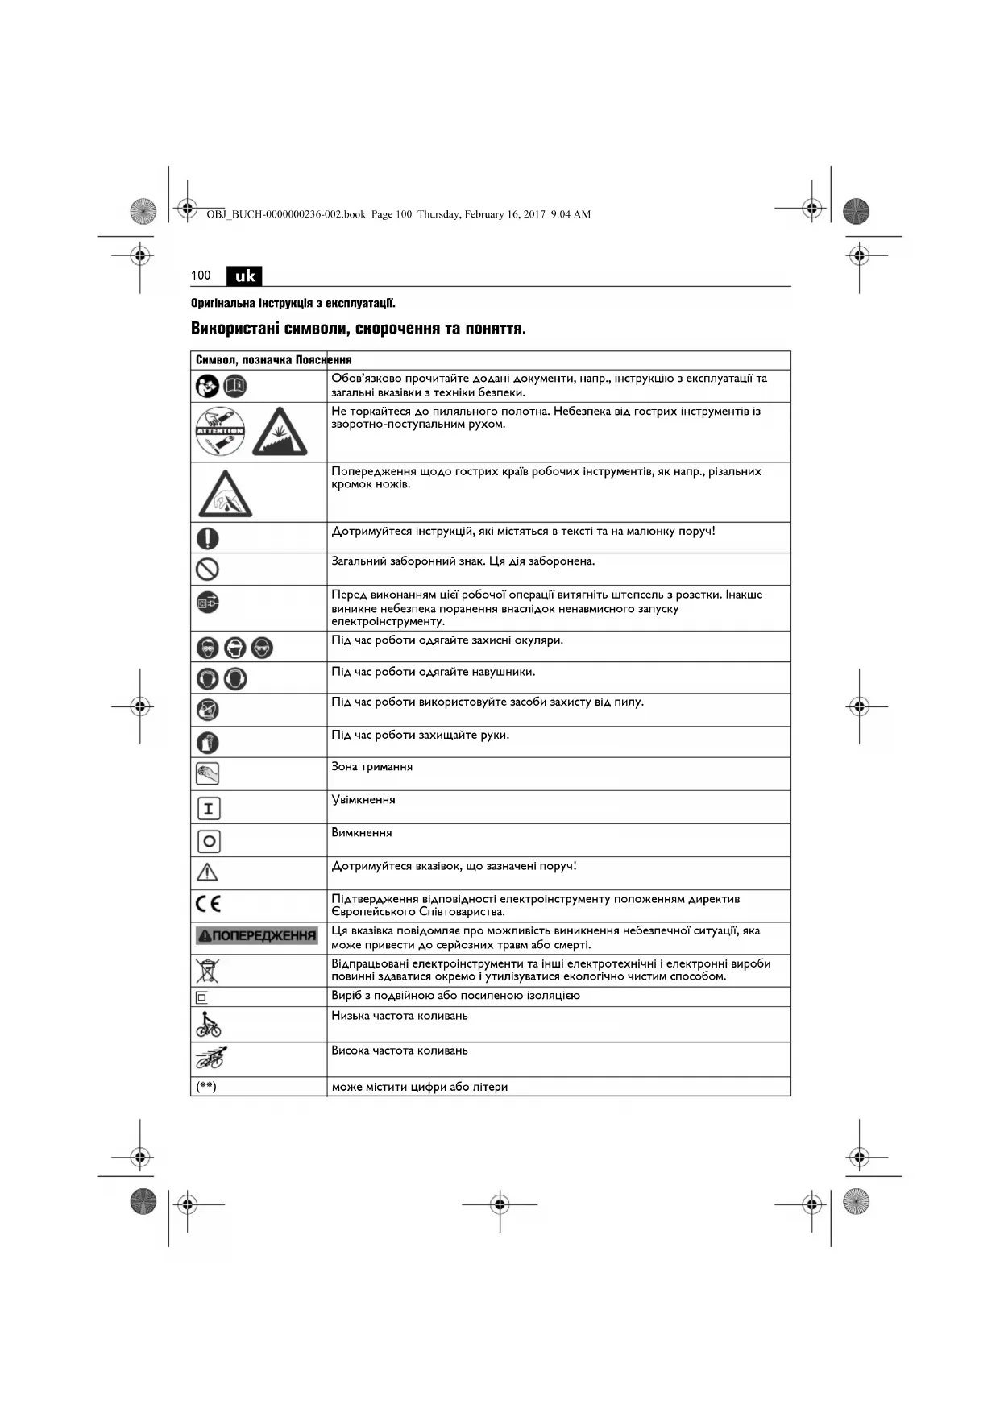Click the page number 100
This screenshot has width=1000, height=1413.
(201, 276)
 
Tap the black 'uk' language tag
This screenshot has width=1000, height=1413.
(244, 276)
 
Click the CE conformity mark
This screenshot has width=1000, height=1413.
(208, 905)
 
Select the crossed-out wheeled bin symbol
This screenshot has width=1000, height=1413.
(207, 971)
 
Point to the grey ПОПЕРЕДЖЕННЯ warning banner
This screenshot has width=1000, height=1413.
(257, 935)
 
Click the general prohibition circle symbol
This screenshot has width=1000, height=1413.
(208, 570)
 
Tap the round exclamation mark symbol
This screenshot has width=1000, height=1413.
(208, 537)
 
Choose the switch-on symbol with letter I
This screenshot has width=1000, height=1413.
(208, 808)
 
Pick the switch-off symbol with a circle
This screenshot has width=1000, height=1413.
(208, 841)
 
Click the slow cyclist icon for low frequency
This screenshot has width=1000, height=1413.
(208, 1025)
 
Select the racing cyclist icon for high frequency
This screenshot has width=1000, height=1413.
(210, 1058)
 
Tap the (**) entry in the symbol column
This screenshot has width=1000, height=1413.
(206, 1087)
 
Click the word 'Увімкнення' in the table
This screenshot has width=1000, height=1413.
(363, 800)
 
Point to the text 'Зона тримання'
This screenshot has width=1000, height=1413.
(371, 767)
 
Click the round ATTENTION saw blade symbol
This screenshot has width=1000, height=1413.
(220, 432)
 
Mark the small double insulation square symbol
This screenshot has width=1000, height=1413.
(201, 997)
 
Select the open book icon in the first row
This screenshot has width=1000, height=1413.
(234, 387)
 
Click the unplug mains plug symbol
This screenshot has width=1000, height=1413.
(208, 602)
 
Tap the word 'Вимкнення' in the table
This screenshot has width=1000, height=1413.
(362, 833)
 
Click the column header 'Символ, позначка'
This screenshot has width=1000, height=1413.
(243, 360)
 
